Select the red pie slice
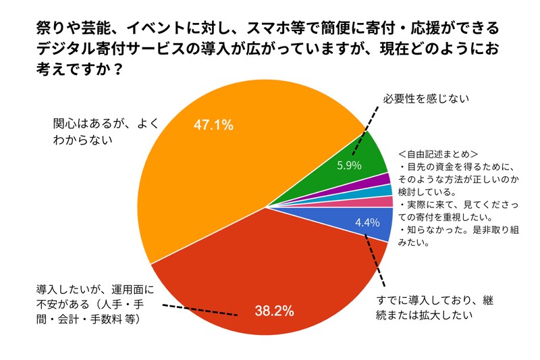point(270,270)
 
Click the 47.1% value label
point(213,124)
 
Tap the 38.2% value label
point(274,311)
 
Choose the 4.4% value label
point(368,222)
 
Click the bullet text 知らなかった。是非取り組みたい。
point(446,237)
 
